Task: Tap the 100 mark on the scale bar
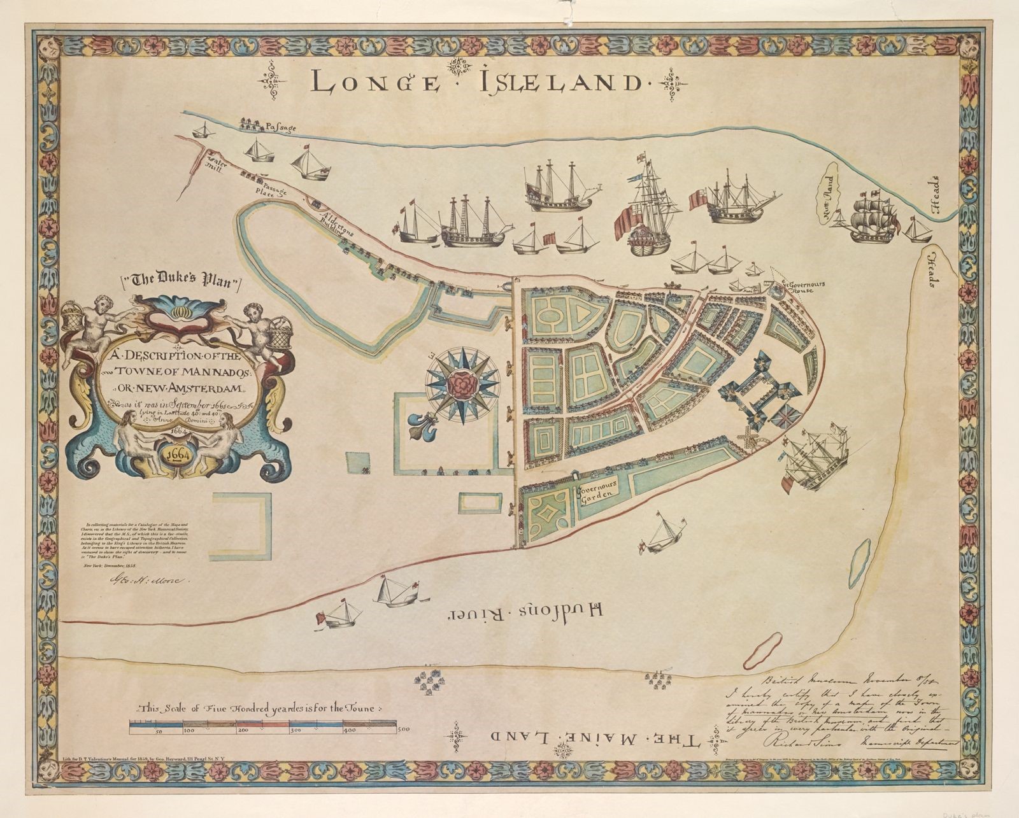tap(189, 730)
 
